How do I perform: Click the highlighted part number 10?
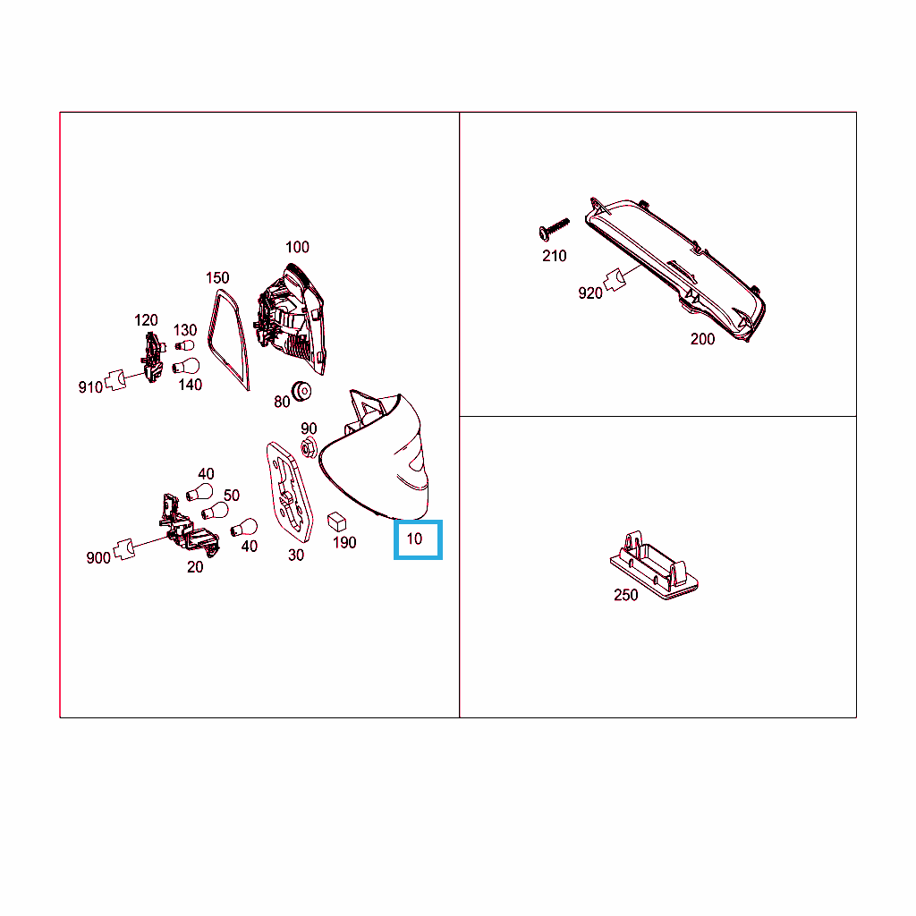click(x=414, y=539)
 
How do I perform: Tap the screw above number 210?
click(x=553, y=228)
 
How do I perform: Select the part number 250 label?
click(x=625, y=595)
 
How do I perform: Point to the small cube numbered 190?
click(x=336, y=522)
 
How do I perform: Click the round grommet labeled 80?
click(x=301, y=391)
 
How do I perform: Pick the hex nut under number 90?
click(x=309, y=448)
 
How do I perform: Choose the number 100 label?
click(x=297, y=247)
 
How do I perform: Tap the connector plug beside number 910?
click(x=116, y=379)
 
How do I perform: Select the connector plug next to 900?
click(x=123, y=550)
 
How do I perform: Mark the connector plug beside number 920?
click(x=615, y=279)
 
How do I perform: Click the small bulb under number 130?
click(x=184, y=345)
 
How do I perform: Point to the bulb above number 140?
click(x=186, y=366)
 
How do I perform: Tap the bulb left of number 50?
click(x=215, y=511)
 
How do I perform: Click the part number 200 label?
click(x=703, y=339)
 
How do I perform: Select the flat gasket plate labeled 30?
click(x=289, y=491)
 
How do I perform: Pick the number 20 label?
click(x=195, y=566)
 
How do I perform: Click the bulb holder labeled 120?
click(x=153, y=357)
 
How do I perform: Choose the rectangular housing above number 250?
click(x=654, y=565)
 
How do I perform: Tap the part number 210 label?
click(x=555, y=256)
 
